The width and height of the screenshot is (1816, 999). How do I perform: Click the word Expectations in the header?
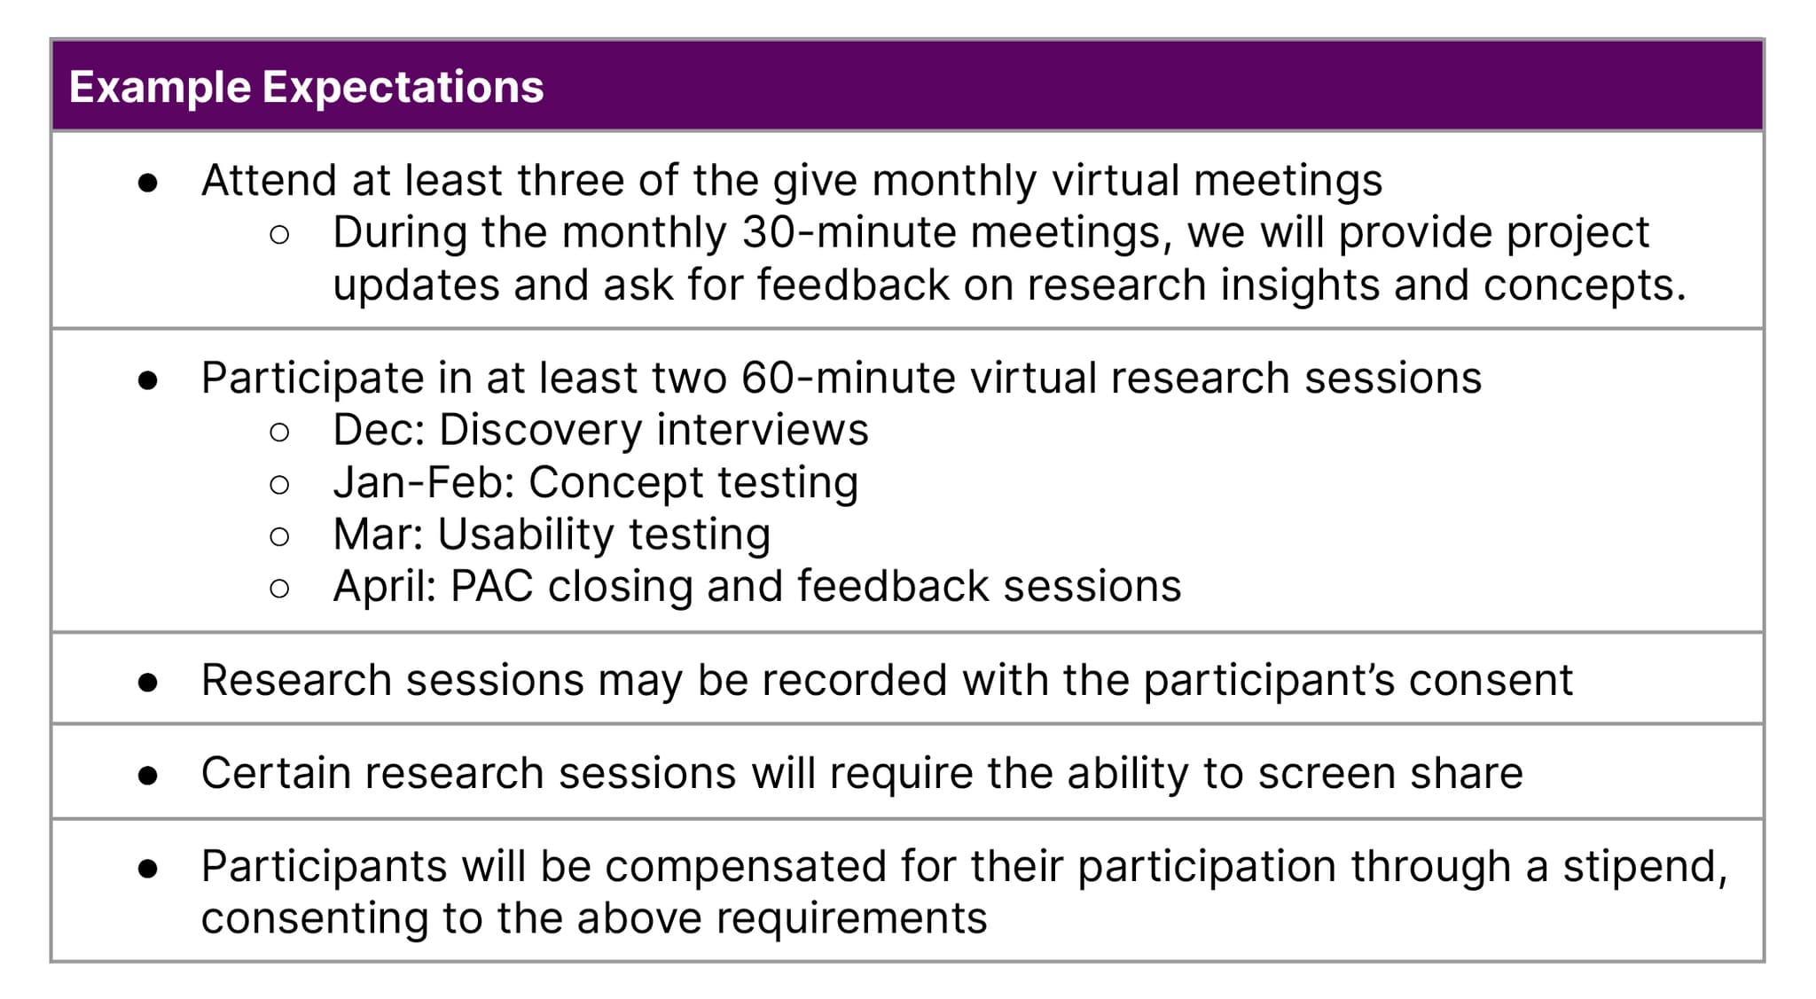click(x=403, y=88)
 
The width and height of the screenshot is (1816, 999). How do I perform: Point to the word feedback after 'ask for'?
click(x=853, y=285)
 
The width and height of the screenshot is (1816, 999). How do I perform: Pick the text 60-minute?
click(x=849, y=378)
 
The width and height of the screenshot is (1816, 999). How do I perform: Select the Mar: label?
click(x=379, y=535)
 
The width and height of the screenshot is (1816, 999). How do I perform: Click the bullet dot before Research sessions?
click(x=148, y=682)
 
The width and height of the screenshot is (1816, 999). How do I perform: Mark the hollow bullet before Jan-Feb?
click(x=279, y=484)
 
